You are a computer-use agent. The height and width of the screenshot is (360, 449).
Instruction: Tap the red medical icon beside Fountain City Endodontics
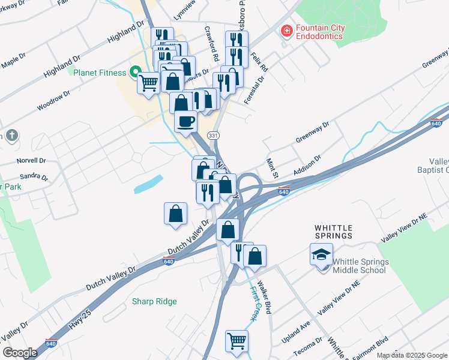point(286,30)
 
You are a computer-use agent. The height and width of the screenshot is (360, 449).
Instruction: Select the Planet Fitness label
point(100,73)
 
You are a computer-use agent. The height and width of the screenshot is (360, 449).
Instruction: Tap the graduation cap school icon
point(321,254)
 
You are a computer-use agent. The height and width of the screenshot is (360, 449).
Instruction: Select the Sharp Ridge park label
point(154,301)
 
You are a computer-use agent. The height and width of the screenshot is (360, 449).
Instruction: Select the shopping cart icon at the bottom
point(237,341)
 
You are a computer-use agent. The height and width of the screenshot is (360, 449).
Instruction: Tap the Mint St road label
point(271,167)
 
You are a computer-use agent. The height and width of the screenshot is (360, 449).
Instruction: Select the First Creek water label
point(253,304)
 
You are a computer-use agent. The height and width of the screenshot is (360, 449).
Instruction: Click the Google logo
point(20,353)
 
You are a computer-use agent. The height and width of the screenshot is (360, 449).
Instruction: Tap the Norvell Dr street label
point(31,161)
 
